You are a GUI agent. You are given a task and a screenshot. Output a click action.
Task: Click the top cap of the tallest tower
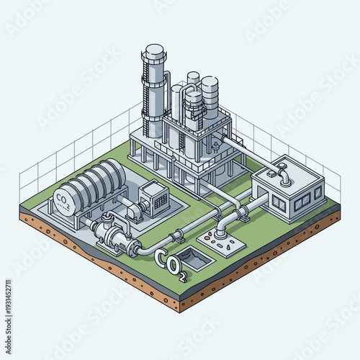click(x=155, y=51)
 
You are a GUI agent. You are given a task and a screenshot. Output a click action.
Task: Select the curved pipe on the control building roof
click(x=283, y=174)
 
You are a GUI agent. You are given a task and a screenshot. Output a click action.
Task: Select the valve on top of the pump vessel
click(x=107, y=218)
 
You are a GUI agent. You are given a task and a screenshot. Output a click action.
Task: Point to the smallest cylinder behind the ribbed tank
click(x=193, y=78)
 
